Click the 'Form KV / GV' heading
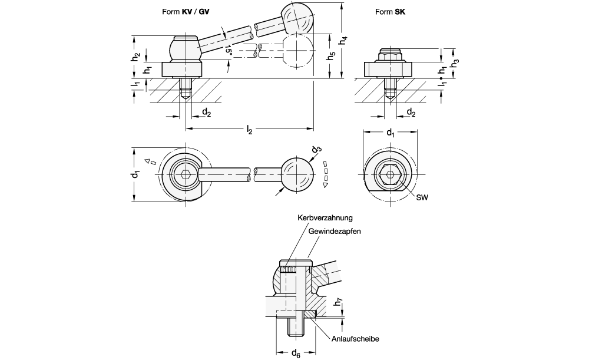[186, 11]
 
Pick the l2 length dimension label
[250, 130]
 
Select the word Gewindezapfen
[334, 232]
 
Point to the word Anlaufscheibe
[355, 339]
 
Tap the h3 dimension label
[455, 61]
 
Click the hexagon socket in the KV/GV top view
[186, 175]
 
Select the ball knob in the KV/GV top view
[296, 175]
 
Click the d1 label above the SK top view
[390, 134]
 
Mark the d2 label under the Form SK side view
[411, 112]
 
